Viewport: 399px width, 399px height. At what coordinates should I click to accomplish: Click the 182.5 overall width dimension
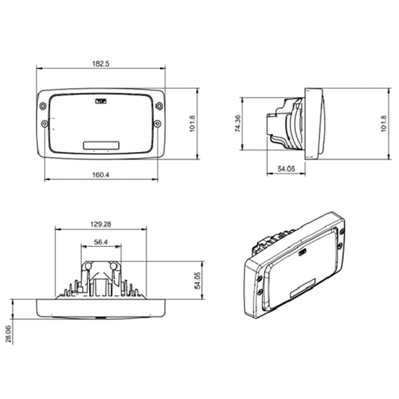coord(101,63)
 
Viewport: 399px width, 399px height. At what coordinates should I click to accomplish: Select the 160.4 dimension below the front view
coord(101,175)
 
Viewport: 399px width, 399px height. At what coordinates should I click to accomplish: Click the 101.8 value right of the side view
coord(383,123)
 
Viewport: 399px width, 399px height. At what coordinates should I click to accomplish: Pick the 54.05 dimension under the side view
coord(286,169)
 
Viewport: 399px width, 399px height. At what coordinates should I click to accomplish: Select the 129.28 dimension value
coord(101,224)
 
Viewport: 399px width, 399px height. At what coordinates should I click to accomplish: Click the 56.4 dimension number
coord(101,242)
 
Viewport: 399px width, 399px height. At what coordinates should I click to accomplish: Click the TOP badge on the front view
coord(101,100)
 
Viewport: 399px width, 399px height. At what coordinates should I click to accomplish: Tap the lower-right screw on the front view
coord(157,123)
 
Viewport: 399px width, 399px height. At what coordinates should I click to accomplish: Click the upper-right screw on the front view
coord(158,106)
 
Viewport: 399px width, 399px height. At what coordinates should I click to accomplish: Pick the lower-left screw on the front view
coord(44,123)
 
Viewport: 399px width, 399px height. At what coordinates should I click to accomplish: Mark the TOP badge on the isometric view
coord(303,253)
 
